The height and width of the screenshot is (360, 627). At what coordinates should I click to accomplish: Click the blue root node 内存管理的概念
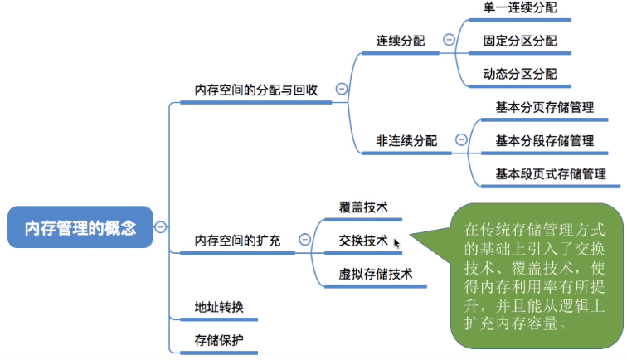point(80,226)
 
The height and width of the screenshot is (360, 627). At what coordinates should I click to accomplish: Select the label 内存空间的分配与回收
point(256,90)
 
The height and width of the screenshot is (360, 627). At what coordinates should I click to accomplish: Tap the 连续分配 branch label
point(401,41)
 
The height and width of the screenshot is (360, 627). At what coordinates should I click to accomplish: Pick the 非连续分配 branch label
point(406,140)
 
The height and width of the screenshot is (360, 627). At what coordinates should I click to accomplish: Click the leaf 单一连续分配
point(520,7)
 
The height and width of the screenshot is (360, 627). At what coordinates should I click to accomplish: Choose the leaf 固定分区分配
point(520,41)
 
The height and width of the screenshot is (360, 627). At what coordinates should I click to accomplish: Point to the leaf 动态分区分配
point(520,74)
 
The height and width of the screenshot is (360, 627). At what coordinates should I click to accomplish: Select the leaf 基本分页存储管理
point(545,107)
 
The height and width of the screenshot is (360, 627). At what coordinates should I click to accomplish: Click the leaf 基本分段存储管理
point(545,140)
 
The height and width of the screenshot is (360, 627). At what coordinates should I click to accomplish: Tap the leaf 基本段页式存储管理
point(551,173)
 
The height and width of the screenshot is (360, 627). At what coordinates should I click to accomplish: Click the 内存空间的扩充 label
point(237,241)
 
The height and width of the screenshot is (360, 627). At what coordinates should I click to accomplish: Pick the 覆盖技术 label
point(363,207)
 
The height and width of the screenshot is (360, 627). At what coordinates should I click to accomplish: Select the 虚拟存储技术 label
point(376,274)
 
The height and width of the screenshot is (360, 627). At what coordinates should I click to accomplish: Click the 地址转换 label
point(219,307)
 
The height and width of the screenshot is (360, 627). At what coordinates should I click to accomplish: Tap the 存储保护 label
point(219,340)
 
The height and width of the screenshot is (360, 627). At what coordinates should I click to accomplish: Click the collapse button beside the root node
point(160,227)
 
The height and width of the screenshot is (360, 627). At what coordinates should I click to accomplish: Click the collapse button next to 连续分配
point(449,40)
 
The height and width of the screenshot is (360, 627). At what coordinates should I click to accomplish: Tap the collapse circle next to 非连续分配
point(461,139)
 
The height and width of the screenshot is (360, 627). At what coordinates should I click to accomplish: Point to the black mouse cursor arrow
point(396,244)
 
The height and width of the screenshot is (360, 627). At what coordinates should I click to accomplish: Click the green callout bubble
point(536,276)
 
